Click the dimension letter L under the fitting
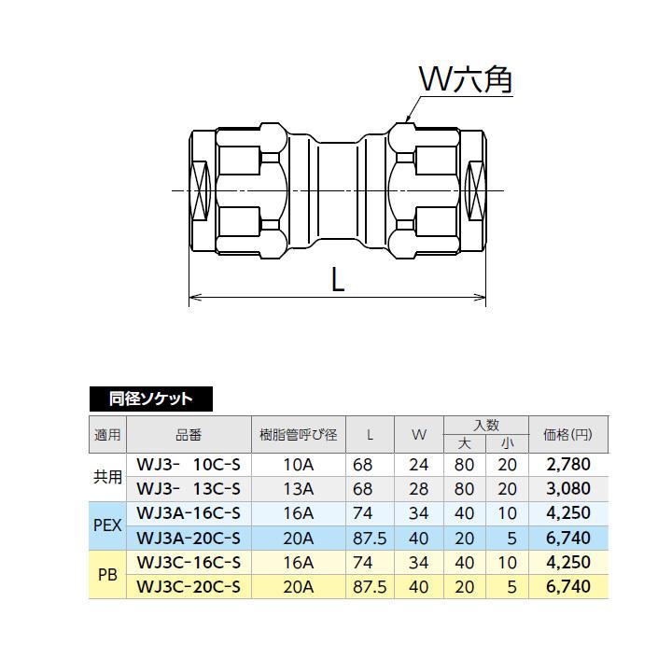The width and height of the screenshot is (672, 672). (x=338, y=279)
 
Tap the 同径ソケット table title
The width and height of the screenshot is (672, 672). (x=150, y=399)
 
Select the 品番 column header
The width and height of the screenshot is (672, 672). (x=188, y=435)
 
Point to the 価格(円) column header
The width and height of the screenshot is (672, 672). (x=567, y=435)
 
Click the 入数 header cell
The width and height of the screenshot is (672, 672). (x=486, y=426)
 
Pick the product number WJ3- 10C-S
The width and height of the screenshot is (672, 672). (x=189, y=464)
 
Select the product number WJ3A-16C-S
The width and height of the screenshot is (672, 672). (x=189, y=513)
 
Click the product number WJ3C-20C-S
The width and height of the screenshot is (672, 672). (x=189, y=587)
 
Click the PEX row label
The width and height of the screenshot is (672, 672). (x=108, y=525)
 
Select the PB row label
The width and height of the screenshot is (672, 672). (x=107, y=575)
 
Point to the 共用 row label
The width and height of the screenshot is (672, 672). (x=108, y=476)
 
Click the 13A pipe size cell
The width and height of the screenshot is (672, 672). (x=299, y=488)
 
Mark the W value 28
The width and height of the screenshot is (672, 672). (x=418, y=488)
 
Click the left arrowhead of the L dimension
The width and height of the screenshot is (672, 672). (x=193, y=299)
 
